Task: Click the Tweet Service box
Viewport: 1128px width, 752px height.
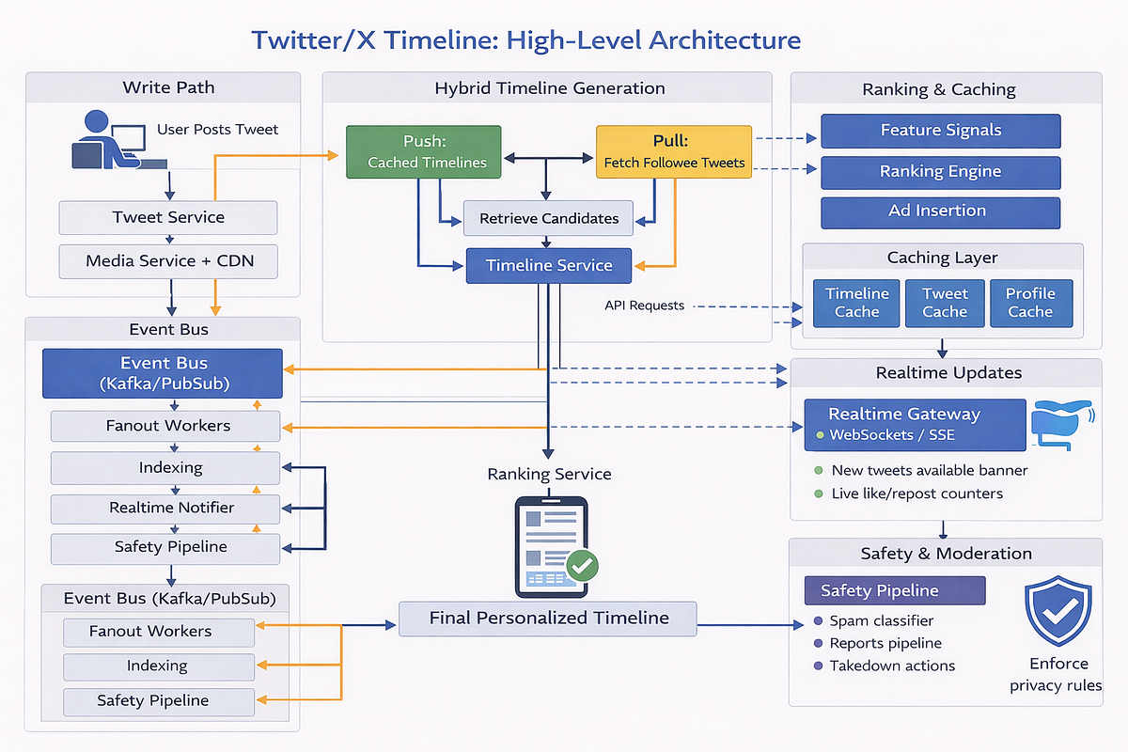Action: (x=168, y=218)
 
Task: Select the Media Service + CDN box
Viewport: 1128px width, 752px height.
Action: (x=168, y=261)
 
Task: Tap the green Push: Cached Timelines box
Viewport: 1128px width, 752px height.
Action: (x=423, y=151)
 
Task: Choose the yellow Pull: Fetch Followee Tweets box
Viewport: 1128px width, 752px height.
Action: (x=674, y=151)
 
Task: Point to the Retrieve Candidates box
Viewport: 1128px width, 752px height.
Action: (x=549, y=218)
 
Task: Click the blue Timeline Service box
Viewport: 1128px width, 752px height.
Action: (x=549, y=266)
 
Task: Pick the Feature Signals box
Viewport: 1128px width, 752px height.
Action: (x=940, y=131)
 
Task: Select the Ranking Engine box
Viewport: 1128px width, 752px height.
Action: (x=940, y=172)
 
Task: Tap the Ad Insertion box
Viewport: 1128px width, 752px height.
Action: (x=940, y=211)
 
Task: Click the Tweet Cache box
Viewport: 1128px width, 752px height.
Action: (x=945, y=303)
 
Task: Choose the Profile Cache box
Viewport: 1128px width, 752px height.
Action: (x=1030, y=303)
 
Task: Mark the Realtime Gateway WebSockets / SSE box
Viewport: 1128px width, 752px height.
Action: (x=914, y=424)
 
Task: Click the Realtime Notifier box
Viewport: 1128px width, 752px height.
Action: (x=165, y=509)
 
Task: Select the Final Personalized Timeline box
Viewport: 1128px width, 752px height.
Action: (x=548, y=619)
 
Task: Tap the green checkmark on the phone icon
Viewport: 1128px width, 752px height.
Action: (x=583, y=565)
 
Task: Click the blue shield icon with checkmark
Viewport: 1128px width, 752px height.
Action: (x=1057, y=612)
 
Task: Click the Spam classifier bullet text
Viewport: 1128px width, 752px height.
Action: (x=881, y=621)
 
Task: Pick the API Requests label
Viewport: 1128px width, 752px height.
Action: (x=644, y=305)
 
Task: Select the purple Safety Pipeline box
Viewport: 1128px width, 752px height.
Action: (x=895, y=591)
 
